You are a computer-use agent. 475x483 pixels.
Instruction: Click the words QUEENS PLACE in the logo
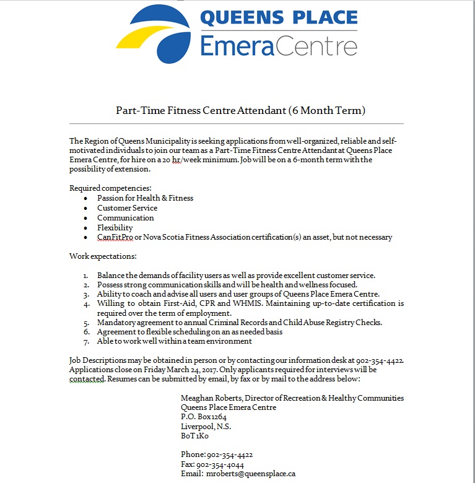[278, 18]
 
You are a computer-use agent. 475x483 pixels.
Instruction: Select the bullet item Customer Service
[127, 208]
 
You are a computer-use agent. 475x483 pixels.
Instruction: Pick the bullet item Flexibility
[115, 228]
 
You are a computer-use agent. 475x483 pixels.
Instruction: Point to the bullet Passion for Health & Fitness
[145, 198]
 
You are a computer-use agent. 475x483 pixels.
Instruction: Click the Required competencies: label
[110, 188]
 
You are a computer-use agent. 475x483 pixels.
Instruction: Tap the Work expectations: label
[103, 256]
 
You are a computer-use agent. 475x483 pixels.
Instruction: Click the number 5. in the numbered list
[87, 323]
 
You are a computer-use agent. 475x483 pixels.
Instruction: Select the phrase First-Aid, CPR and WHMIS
[186, 303]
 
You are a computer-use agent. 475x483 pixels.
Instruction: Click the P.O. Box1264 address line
[204, 417]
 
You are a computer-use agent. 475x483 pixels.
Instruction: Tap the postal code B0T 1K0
[194, 436]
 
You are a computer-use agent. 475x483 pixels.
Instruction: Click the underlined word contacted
[86, 379]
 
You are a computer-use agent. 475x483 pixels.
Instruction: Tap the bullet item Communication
[125, 218]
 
